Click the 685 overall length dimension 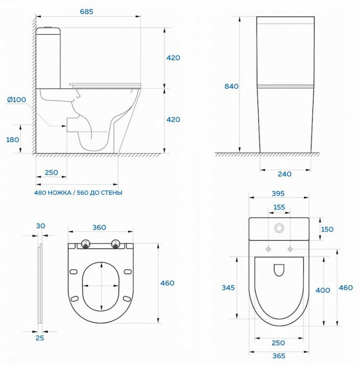pyautogui.click(x=86, y=11)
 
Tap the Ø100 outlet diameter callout pyautogui.click(x=17, y=100)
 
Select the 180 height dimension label pyautogui.click(x=12, y=140)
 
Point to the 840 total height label pyautogui.click(x=232, y=86)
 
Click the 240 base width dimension pyautogui.click(x=284, y=174)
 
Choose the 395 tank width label pyautogui.click(x=278, y=194)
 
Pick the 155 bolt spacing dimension pyautogui.click(x=279, y=207)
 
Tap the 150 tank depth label pyautogui.click(x=327, y=229)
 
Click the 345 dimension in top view pyautogui.click(x=228, y=288)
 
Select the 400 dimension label pyautogui.click(x=323, y=290)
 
